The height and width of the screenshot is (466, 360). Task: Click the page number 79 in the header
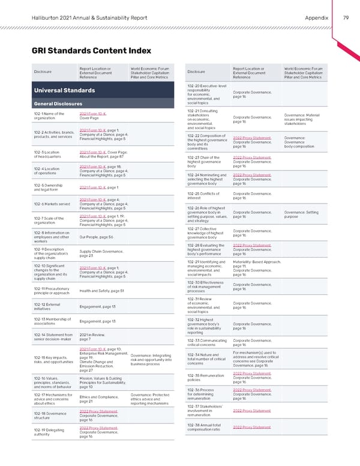coord(345,18)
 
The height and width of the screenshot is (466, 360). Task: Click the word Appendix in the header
coord(317,18)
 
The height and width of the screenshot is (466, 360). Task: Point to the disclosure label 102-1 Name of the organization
coord(49,115)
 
